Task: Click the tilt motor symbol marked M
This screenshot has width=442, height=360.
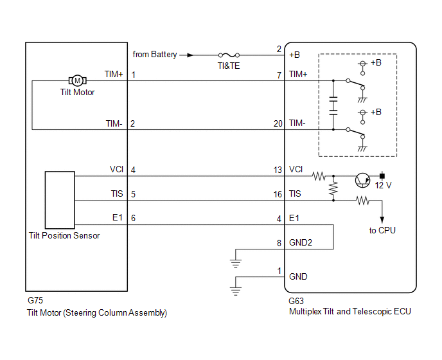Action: point(78,81)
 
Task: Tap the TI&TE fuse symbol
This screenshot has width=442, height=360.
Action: point(229,55)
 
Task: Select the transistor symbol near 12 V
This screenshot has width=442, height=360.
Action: point(362,180)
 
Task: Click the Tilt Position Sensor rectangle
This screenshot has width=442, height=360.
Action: point(60,200)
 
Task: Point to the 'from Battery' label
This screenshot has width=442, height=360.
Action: point(155,54)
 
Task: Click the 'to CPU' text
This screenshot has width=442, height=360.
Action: point(382,231)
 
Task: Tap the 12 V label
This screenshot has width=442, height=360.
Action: point(383,185)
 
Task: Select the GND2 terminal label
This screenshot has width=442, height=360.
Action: point(301,242)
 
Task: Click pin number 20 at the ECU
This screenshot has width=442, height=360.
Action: point(278,123)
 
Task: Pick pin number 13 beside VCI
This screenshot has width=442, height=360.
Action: point(278,170)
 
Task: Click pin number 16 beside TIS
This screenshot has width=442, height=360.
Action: point(278,194)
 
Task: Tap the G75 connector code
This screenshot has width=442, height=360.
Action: point(35,300)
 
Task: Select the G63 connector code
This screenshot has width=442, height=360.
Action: point(296,301)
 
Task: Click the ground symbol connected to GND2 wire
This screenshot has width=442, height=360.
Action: point(236,264)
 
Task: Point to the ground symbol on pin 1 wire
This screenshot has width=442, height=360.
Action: point(236,291)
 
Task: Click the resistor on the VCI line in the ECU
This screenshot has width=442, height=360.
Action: point(319,176)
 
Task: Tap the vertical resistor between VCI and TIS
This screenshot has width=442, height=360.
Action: point(333,188)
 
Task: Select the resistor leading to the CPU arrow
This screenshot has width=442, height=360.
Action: point(362,201)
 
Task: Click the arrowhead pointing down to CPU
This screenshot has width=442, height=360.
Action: point(382,220)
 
